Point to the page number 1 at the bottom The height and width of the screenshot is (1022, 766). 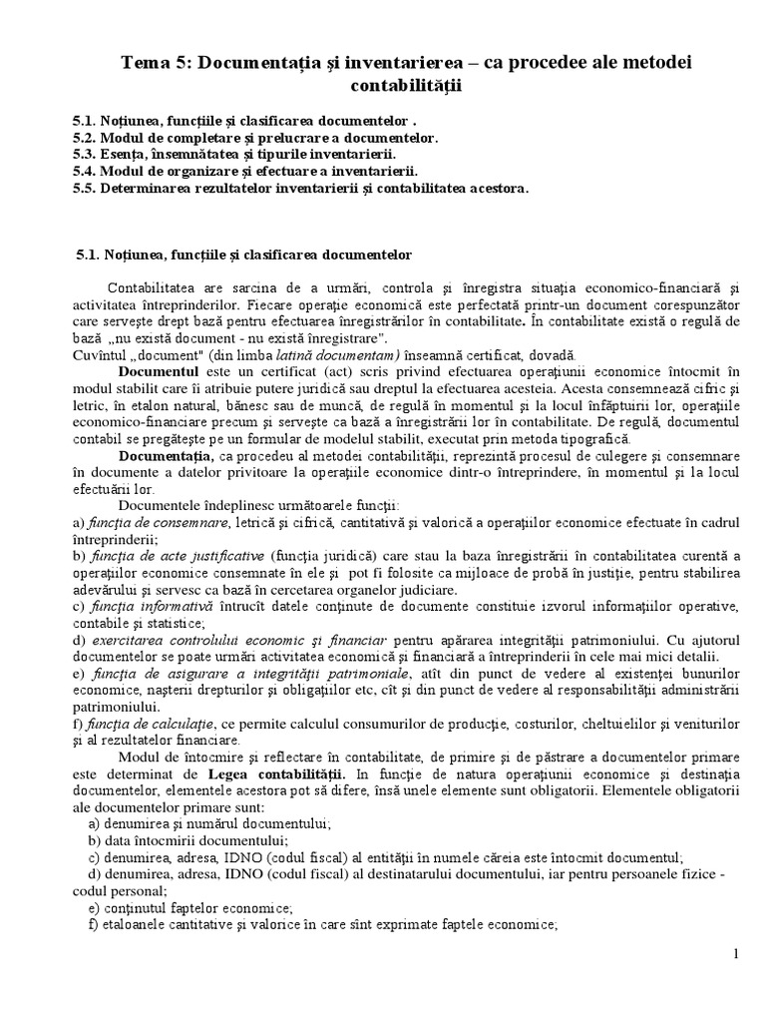736,955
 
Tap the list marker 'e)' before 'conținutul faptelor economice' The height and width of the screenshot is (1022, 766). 95,908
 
